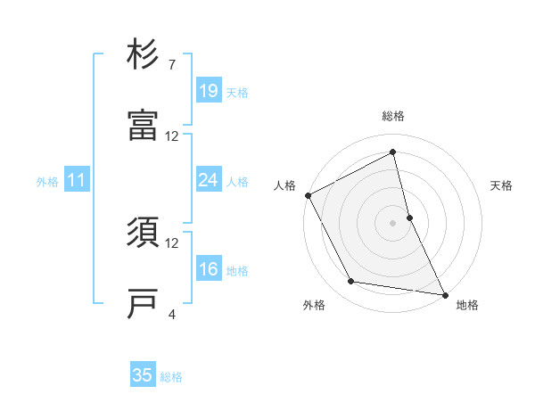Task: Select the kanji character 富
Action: (x=143, y=126)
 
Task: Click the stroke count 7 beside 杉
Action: (x=172, y=65)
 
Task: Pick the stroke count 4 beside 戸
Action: (x=172, y=314)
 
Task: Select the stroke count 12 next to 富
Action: (x=172, y=136)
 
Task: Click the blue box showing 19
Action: (x=208, y=91)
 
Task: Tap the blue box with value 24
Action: (x=208, y=181)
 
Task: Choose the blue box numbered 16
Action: (x=208, y=270)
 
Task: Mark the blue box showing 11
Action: (x=77, y=181)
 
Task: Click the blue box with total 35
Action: (x=143, y=375)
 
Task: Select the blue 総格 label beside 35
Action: (x=171, y=377)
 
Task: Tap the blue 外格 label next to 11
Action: (x=47, y=182)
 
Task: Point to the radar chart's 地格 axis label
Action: (x=467, y=306)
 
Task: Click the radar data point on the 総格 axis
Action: (x=393, y=152)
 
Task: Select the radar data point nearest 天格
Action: (x=409, y=217)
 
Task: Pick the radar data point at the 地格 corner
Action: (x=444, y=293)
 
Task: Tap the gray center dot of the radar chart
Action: (x=393, y=222)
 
